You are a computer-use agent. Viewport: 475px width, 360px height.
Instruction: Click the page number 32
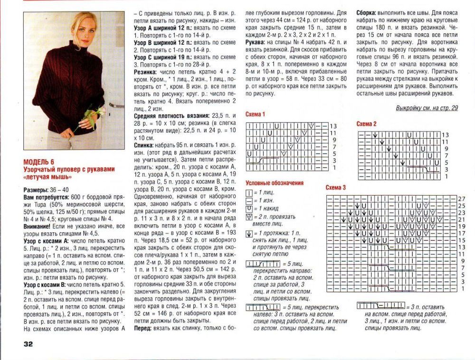[26, 344]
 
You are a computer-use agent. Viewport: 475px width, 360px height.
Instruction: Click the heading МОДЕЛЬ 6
[39, 162]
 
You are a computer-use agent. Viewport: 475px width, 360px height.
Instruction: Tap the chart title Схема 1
[255, 114]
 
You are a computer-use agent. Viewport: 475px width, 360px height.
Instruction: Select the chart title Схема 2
[367, 123]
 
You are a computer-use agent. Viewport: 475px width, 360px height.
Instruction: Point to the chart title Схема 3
[335, 188]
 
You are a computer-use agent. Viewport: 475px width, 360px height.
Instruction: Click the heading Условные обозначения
[274, 183]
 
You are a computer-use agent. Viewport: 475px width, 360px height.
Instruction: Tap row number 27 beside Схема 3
[461, 198]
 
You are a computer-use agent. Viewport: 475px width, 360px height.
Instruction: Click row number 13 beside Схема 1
[333, 126]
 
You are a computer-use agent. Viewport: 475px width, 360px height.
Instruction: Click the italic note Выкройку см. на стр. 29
[427, 108]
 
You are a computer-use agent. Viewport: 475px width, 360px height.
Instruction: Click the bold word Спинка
[144, 144]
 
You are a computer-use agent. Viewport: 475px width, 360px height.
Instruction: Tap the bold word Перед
[143, 328]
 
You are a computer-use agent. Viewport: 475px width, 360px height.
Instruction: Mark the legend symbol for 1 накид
[249, 208]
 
